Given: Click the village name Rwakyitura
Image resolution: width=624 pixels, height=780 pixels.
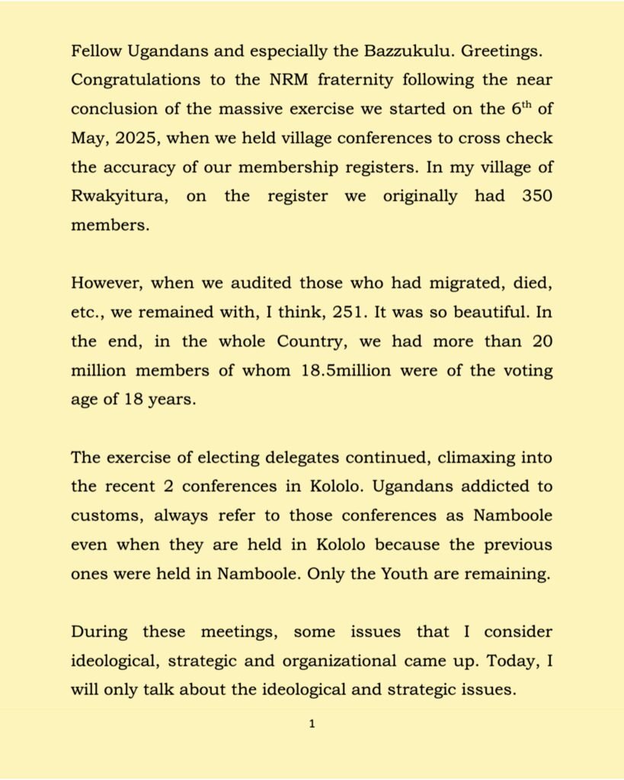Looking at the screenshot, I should pos(120,196).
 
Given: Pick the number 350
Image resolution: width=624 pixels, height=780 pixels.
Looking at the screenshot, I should pos(535,196).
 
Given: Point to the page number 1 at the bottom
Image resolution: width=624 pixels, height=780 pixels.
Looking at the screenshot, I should pos(312,724).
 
